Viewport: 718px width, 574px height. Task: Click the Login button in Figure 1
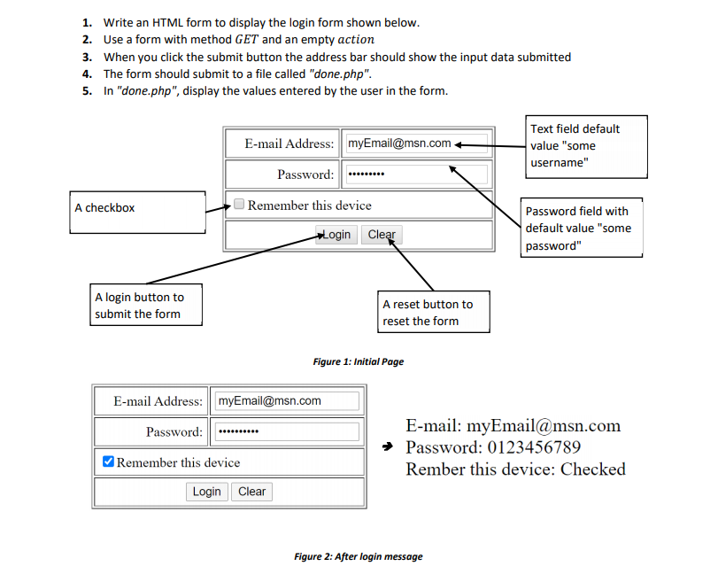pyautogui.click(x=336, y=235)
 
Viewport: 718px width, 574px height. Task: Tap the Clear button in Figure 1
pyautogui.click(x=382, y=235)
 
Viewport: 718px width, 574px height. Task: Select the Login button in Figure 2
pyautogui.click(x=206, y=492)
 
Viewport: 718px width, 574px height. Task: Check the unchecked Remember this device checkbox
pyautogui.click(x=239, y=204)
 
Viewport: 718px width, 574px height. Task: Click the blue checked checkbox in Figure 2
pyautogui.click(x=108, y=461)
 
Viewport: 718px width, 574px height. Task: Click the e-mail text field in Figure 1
pyautogui.click(x=417, y=143)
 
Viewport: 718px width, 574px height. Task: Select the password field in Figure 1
pyautogui.click(x=417, y=175)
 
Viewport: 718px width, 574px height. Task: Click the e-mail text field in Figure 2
pyautogui.click(x=287, y=401)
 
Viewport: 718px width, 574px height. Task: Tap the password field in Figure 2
pyautogui.click(x=287, y=431)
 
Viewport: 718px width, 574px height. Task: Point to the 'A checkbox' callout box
pyautogui.click(x=137, y=212)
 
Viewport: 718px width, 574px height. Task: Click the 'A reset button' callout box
pyautogui.click(x=434, y=312)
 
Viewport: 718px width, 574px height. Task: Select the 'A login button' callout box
pyautogui.click(x=146, y=305)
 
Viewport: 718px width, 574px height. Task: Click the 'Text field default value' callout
pyautogui.click(x=586, y=146)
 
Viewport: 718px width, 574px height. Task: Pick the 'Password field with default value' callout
pyautogui.click(x=582, y=228)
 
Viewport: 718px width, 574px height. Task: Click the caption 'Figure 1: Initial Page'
pyautogui.click(x=359, y=362)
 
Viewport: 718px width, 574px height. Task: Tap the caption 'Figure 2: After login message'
pyautogui.click(x=359, y=556)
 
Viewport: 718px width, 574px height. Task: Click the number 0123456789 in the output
pyautogui.click(x=534, y=447)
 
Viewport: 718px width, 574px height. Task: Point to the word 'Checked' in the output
pyautogui.click(x=593, y=469)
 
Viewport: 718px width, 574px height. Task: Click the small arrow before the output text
pyautogui.click(x=388, y=446)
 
